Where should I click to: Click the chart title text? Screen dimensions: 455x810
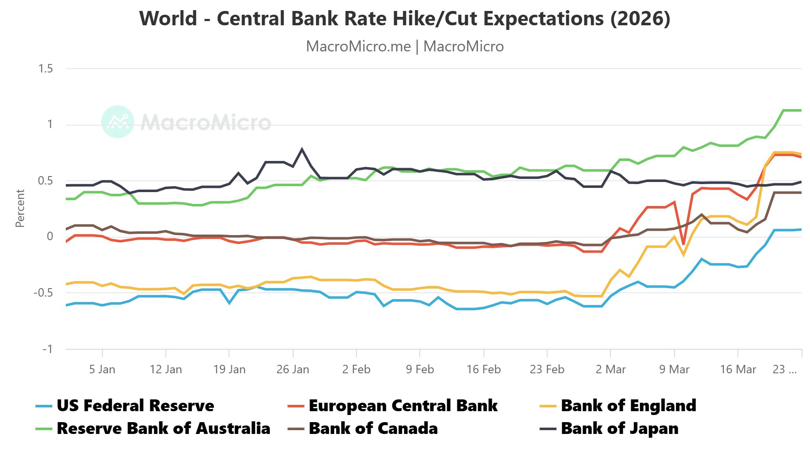coord(405,19)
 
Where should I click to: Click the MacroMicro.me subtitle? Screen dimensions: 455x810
coord(405,46)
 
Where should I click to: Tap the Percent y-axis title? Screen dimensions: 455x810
coord(20,208)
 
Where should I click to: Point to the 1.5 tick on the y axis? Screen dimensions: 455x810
coord(46,69)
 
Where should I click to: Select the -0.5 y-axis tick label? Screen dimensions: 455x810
coord(43,293)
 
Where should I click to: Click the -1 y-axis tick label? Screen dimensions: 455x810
coord(47,349)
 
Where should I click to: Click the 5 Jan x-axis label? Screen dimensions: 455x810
coord(102,369)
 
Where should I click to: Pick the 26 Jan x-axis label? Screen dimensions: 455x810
coord(293,369)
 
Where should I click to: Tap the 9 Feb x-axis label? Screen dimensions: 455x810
coord(420,369)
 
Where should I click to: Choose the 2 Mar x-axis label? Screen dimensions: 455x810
coord(610,369)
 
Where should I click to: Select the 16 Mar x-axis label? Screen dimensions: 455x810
coord(738,369)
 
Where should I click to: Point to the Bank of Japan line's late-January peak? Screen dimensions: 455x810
coord(302,149)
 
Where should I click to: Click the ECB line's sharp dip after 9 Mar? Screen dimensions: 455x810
coord(683,244)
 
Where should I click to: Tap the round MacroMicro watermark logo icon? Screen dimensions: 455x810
coord(118,122)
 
